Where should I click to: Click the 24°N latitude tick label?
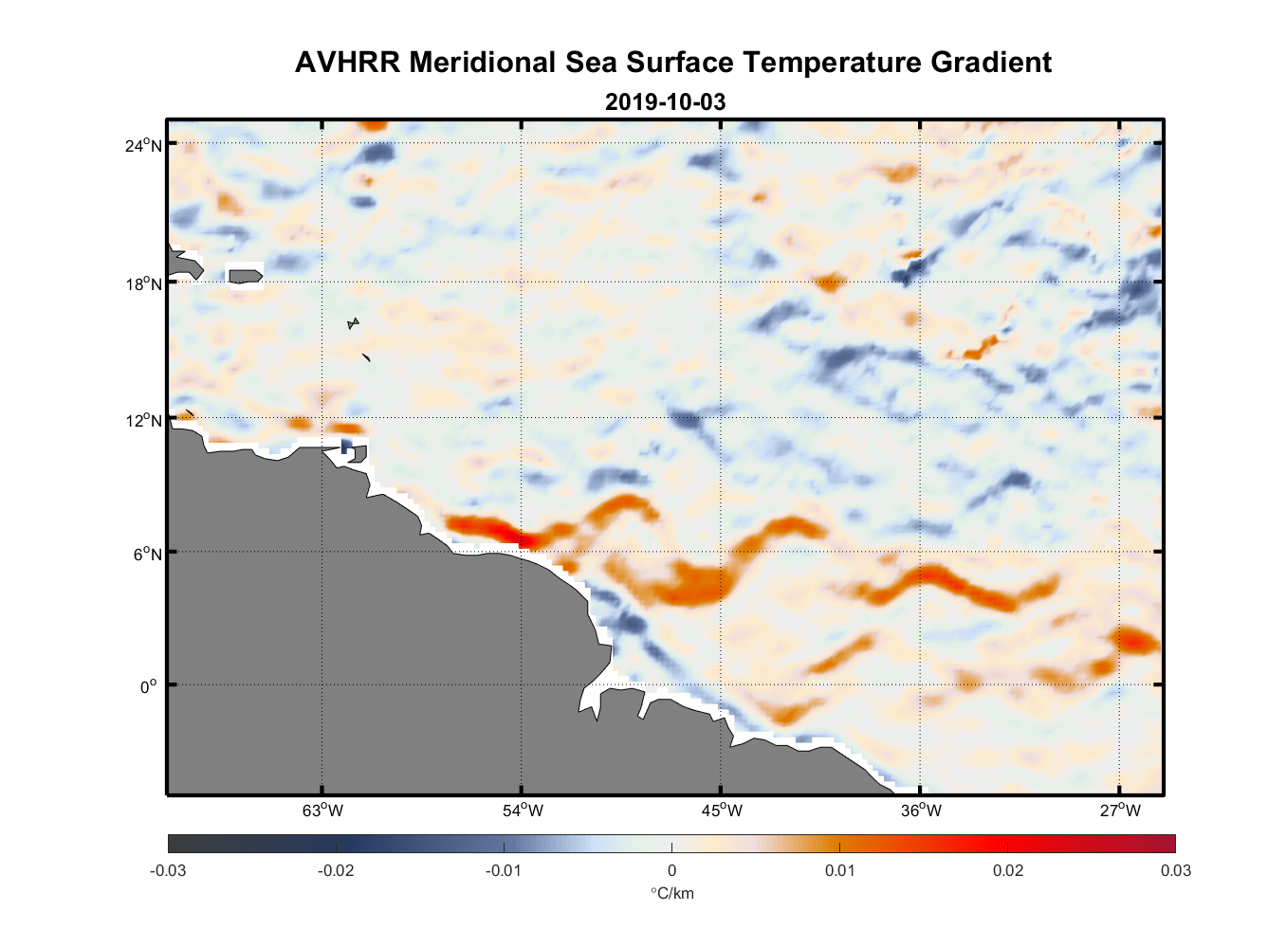(143, 145)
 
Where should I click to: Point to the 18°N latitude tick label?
(143, 283)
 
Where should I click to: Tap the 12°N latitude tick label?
(143, 420)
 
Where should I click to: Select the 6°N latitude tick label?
(147, 554)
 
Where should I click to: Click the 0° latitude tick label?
(149, 686)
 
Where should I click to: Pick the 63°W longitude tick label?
(322, 811)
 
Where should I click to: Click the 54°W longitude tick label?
(523, 811)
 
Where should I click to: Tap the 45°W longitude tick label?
(722, 811)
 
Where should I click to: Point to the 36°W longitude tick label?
(921, 811)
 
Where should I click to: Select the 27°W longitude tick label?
(1120, 811)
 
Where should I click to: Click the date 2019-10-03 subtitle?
(665, 101)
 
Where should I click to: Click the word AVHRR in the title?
(347, 63)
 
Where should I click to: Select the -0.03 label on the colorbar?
(168, 871)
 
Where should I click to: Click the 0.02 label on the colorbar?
(1008, 871)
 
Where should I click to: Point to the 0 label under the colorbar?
(671, 871)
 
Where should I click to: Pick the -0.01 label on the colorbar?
(504, 871)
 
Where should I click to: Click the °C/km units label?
(671, 894)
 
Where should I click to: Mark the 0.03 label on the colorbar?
(1175, 871)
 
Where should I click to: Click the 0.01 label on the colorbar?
(840, 871)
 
